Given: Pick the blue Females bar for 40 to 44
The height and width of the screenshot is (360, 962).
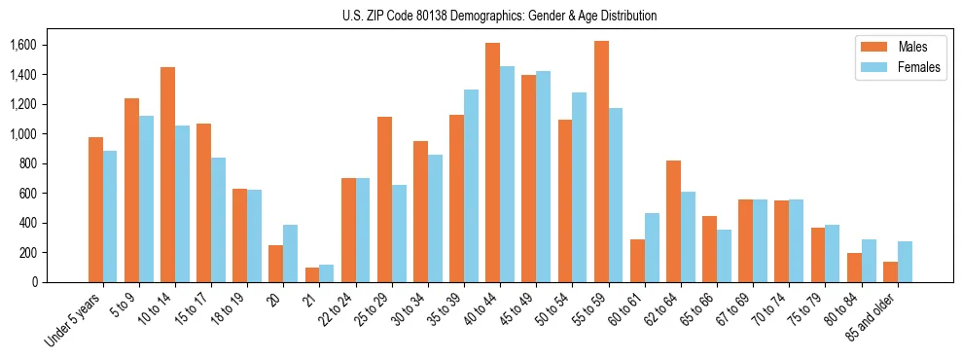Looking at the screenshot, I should click(x=508, y=174).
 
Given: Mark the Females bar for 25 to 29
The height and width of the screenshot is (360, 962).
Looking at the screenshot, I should click(x=399, y=234).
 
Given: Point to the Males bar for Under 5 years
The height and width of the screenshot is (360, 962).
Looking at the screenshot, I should click(x=95, y=209).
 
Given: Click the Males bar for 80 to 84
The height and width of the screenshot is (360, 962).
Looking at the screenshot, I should click(x=854, y=268).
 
